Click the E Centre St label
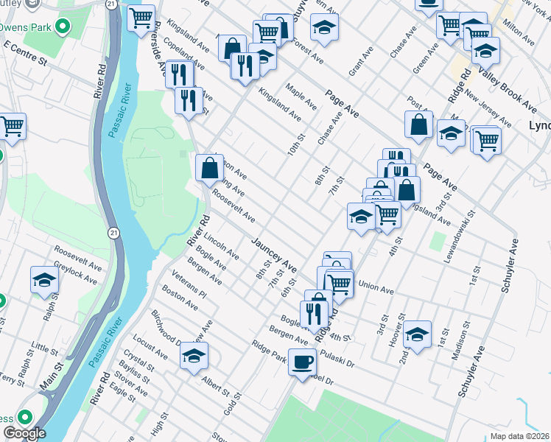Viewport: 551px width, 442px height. coord(25,54)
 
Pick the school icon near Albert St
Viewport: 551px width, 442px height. coord(194,357)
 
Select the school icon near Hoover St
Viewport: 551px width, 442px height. coord(417,335)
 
